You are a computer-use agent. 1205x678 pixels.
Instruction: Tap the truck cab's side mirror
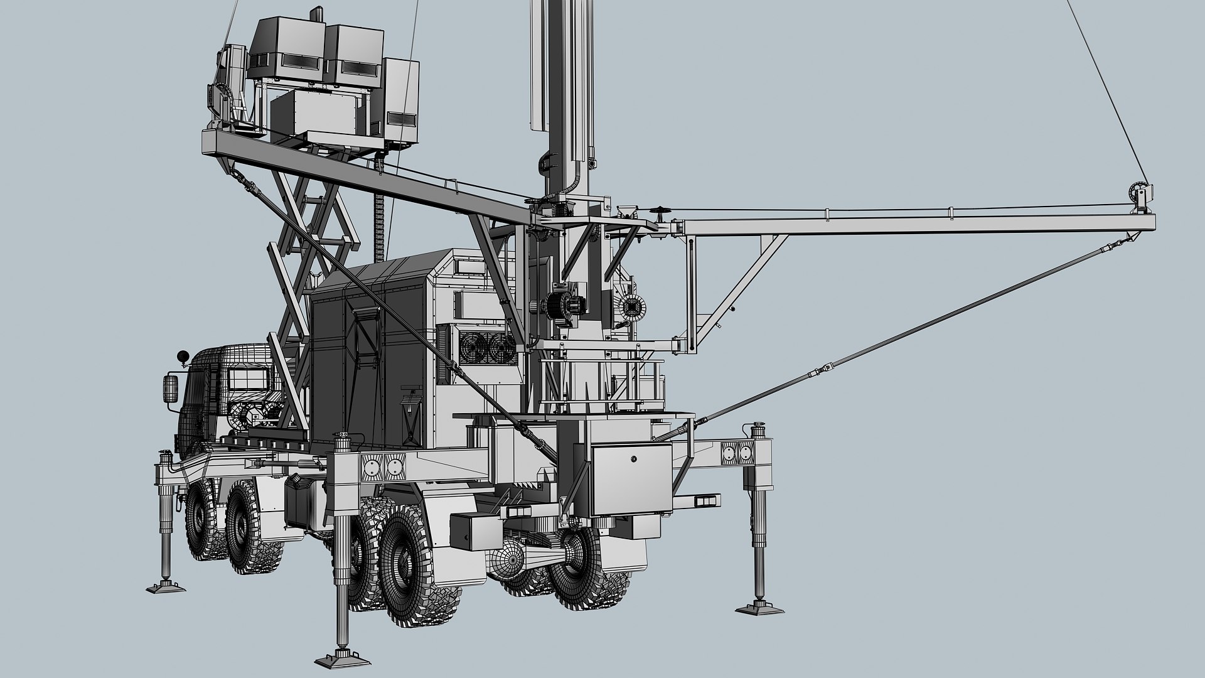point(169,389)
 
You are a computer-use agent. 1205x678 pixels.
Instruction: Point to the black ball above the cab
point(183,356)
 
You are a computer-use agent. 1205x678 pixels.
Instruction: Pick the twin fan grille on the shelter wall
point(483,347)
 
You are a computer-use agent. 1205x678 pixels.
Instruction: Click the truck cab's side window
point(248,379)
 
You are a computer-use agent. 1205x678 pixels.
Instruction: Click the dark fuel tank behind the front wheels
point(299,502)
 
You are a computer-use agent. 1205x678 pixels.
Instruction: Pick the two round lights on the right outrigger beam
point(737,452)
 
